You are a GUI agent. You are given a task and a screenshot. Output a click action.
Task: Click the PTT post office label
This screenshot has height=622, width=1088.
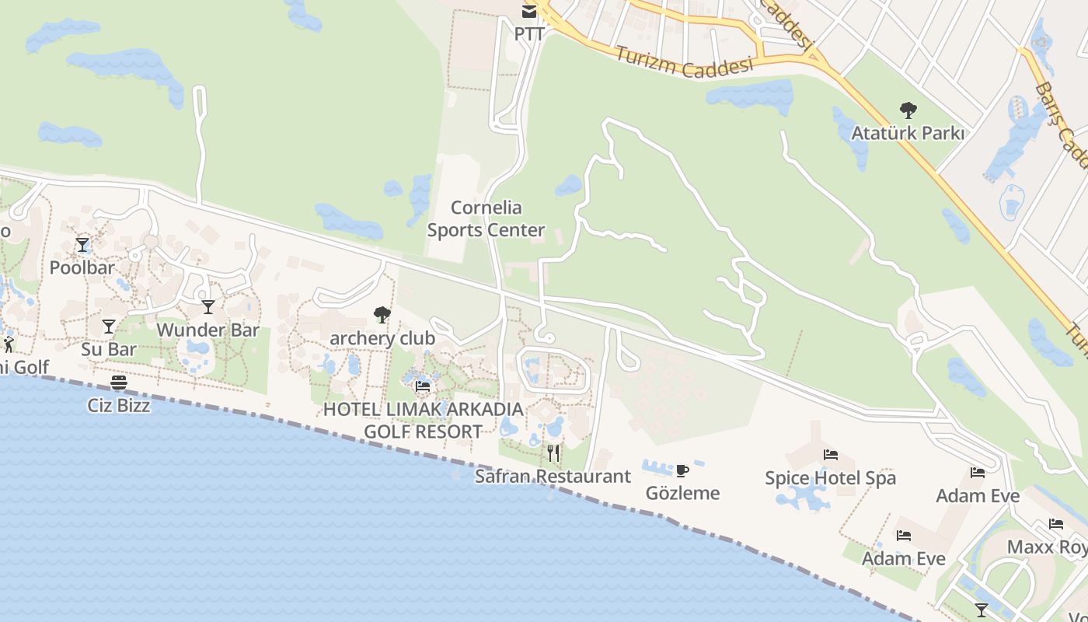(x=528, y=34)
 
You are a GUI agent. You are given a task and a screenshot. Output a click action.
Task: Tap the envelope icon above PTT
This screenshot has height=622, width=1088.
(x=528, y=11)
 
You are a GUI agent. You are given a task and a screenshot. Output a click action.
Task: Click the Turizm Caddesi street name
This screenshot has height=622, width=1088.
(x=685, y=61)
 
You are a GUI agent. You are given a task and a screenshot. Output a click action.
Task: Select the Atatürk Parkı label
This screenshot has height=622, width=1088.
(x=908, y=133)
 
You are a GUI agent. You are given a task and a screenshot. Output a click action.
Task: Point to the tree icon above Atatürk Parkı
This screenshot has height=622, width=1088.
(x=908, y=110)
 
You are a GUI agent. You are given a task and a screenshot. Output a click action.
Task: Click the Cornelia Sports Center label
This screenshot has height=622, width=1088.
(x=486, y=219)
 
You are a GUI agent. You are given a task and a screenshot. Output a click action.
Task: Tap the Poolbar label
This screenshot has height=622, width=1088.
(x=82, y=267)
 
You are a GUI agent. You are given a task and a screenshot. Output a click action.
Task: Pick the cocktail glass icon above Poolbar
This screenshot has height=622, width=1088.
(x=82, y=245)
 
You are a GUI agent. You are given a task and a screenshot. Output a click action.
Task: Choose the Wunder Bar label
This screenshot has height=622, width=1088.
(x=207, y=330)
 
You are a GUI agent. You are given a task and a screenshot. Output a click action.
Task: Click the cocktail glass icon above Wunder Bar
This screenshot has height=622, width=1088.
(x=207, y=307)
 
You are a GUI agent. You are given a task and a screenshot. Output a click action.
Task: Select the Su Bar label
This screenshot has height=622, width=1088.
(x=109, y=349)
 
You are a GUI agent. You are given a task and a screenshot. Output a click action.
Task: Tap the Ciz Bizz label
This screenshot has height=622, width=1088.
(x=119, y=405)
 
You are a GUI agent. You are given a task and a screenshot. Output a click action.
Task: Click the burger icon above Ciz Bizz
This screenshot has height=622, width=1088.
(x=119, y=383)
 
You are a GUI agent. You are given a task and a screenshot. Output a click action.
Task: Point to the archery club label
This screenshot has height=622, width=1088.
(x=382, y=338)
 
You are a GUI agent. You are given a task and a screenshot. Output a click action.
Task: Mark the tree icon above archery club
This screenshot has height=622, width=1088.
(x=382, y=315)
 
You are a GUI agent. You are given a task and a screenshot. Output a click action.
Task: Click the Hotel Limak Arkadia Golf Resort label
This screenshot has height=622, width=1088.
(x=424, y=420)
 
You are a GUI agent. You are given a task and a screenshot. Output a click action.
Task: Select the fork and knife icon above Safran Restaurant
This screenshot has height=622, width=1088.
(x=553, y=453)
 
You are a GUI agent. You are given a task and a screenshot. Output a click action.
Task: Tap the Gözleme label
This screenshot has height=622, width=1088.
(x=682, y=493)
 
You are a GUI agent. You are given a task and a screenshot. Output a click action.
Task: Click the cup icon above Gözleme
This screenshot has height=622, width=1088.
(x=682, y=470)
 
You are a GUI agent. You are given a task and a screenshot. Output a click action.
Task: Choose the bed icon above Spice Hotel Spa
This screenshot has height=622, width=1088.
(x=831, y=455)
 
